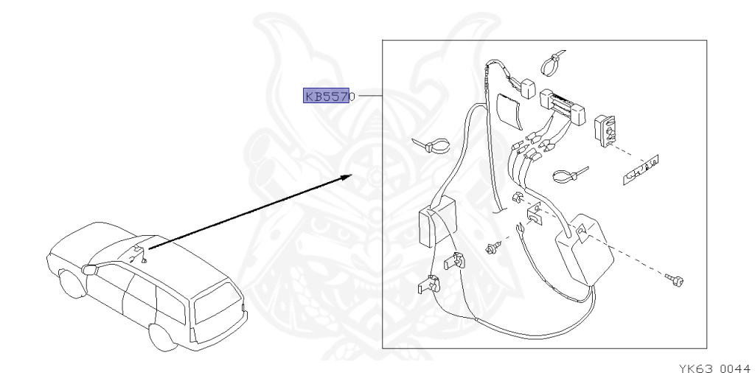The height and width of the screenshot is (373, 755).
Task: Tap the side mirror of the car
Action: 90,269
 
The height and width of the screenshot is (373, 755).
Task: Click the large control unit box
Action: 587,249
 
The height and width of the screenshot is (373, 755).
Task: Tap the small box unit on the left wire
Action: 431,224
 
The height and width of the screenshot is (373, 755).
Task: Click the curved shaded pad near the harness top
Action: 509,111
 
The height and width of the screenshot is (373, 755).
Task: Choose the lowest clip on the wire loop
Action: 426,283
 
